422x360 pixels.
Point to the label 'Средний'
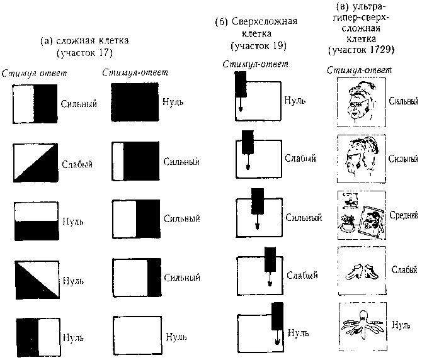point(403,215)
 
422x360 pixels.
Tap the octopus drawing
point(361,322)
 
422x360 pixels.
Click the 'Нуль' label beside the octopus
point(401,325)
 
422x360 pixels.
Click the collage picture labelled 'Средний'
point(360,215)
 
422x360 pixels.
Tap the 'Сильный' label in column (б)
point(301,218)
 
